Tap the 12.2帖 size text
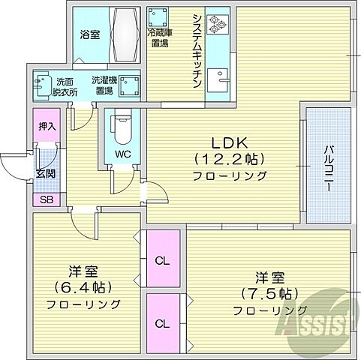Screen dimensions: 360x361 pos(230,159)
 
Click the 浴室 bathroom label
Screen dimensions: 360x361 pos(89,34)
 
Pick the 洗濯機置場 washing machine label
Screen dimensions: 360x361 pos(103,85)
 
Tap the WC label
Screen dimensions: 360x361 pos(123,155)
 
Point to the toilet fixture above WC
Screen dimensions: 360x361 pos(123,127)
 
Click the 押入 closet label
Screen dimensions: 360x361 pos(47,127)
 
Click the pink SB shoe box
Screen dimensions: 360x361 pos(47,199)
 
